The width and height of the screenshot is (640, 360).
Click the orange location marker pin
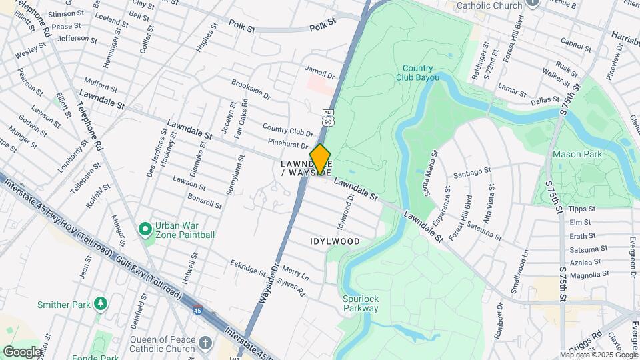pyautogui.click(x=320, y=159)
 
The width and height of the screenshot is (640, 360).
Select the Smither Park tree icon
pyautogui.click(x=101, y=305)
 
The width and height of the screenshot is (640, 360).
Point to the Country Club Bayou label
pyautogui.click(x=418, y=73)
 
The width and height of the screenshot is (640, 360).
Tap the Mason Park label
pyautogui.click(x=577, y=155)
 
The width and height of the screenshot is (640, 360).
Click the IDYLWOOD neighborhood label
pyautogui.click(x=335, y=241)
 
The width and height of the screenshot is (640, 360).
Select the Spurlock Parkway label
pyautogui.click(x=361, y=303)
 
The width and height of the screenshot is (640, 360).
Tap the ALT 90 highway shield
pyautogui.click(x=327, y=118)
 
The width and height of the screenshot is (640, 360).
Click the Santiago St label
pyautogui.click(x=472, y=173)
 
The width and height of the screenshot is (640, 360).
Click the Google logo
pyautogui.click(x=21, y=351)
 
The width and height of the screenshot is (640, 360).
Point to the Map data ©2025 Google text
pyautogui.click(x=597, y=355)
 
